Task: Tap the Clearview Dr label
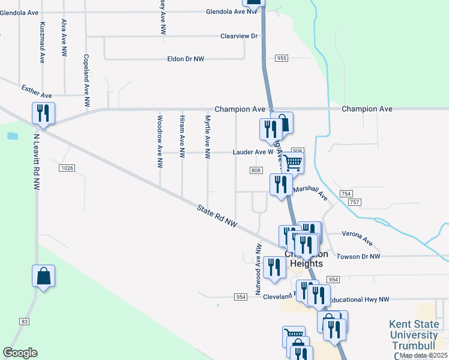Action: (x=239, y=36)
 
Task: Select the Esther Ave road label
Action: (x=37, y=91)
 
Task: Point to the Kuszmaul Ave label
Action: (x=42, y=43)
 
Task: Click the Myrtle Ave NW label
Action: (x=208, y=137)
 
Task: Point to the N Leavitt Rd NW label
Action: (x=37, y=163)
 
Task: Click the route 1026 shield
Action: (x=67, y=168)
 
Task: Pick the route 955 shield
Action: (x=282, y=58)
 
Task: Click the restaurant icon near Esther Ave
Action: (x=43, y=113)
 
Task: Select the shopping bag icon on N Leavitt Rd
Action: (x=43, y=277)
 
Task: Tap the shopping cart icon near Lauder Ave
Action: (x=292, y=162)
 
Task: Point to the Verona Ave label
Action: (x=357, y=238)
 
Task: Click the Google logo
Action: (x=20, y=352)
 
